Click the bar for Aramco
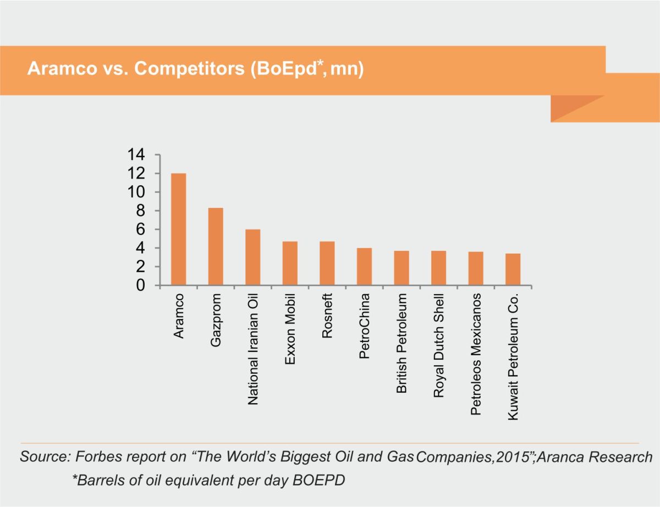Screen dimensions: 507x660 coord(178,229)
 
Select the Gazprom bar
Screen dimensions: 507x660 coord(216,246)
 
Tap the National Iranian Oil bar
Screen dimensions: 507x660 coord(252,257)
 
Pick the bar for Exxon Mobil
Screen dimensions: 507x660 coord(290,263)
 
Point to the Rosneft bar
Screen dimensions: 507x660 coord(327,263)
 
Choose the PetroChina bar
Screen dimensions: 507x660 coord(364,267)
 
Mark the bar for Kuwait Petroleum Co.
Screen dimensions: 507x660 coord(513,269)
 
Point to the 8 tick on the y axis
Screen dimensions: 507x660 coord(141,211)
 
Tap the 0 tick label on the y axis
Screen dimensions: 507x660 coord(141,285)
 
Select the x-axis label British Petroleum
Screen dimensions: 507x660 coord(402,343)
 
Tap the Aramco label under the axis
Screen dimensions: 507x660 coord(178,315)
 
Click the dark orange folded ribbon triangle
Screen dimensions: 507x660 coord(572,106)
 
